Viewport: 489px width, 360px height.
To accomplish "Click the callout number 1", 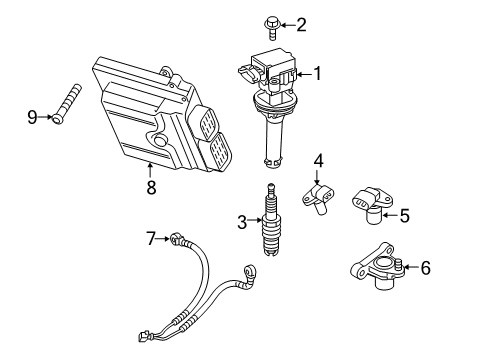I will (318, 72).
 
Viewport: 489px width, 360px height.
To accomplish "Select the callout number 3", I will (242, 221).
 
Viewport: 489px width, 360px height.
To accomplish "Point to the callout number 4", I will (318, 160).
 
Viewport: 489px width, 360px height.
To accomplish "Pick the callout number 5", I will (404, 213).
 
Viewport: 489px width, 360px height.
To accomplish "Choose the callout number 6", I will (426, 267).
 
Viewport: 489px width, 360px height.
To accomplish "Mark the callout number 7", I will (152, 238).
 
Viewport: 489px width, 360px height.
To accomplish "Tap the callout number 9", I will (31, 117).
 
